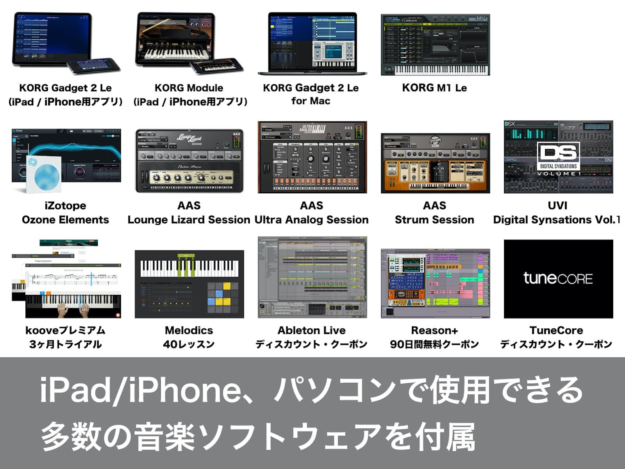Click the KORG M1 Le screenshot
coord(435,45)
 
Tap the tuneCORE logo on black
coord(558,278)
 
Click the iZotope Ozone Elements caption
coord(65,213)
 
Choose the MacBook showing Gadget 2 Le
coord(312,43)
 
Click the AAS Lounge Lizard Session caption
coord(189,213)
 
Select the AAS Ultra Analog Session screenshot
coord(312,157)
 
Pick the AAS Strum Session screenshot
coord(435,163)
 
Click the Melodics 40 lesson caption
coord(189,337)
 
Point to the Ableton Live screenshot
coord(312,277)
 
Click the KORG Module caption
coord(189,95)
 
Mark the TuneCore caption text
coord(556,337)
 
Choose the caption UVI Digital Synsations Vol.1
coord(557,213)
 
